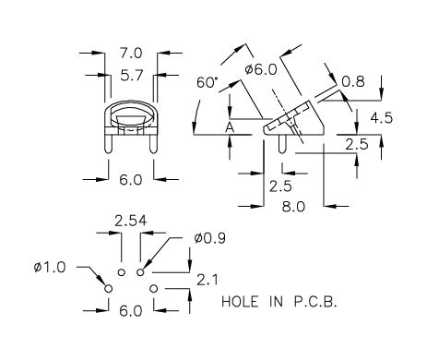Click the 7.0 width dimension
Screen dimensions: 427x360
point(131,54)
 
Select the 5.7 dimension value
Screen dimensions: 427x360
point(132,75)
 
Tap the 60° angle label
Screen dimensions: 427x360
point(207,82)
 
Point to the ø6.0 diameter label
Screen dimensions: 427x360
point(261,69)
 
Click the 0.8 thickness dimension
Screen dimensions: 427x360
point(353,81)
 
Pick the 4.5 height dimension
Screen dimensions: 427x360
point(382,118)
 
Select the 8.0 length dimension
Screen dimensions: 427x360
point(293,207)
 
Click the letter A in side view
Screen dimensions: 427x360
point(230,127)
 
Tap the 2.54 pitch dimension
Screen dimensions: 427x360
point(131,221)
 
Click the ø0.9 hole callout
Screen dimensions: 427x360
point(210,238)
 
